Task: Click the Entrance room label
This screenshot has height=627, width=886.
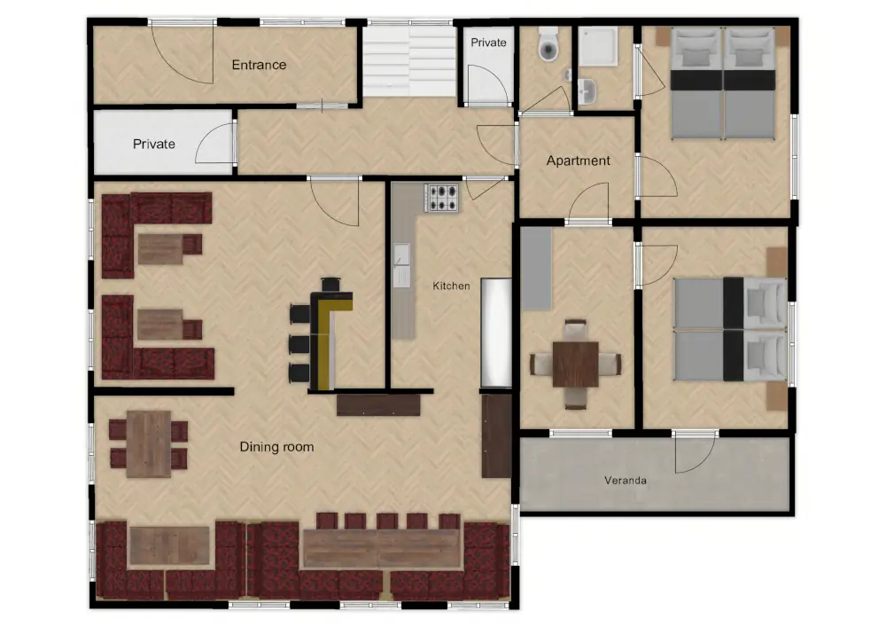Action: click(259, 65)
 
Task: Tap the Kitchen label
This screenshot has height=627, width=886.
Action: click(451, 286)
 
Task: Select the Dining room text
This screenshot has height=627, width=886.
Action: click(276, 447)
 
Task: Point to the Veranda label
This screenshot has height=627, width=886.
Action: click(625, 481)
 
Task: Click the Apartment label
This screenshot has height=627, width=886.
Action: click(578, 161)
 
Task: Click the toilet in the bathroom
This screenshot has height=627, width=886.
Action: click(548, 44)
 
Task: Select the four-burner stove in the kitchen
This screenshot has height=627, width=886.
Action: click(442, 198)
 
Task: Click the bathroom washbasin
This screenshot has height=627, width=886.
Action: click(587, 91)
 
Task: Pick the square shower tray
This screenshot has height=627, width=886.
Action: click(598, 46)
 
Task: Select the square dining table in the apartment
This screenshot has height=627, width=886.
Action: click(575, 364)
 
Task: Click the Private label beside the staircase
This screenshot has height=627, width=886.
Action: click(488, 43)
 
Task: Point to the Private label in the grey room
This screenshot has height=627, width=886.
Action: click(153, 145)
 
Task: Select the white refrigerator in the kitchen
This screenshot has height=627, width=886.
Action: click(496, 332)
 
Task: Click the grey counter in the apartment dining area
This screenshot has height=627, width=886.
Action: click(536, 269)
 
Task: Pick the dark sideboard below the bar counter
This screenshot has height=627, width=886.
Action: click(378, 404)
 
